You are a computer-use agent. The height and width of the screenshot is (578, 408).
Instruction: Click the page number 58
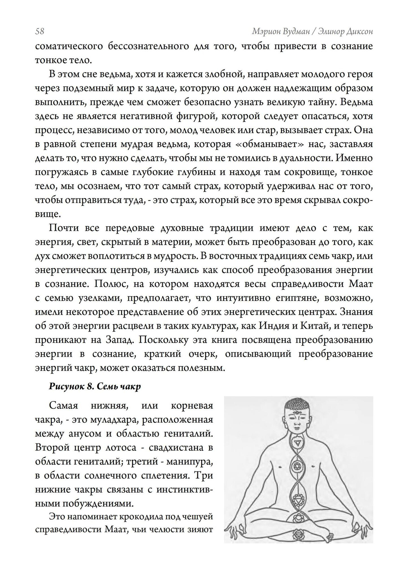pyautogui.click(x=40, y=31)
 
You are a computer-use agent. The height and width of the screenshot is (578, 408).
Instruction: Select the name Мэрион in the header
pyautogui.click(x=267, y=31)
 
